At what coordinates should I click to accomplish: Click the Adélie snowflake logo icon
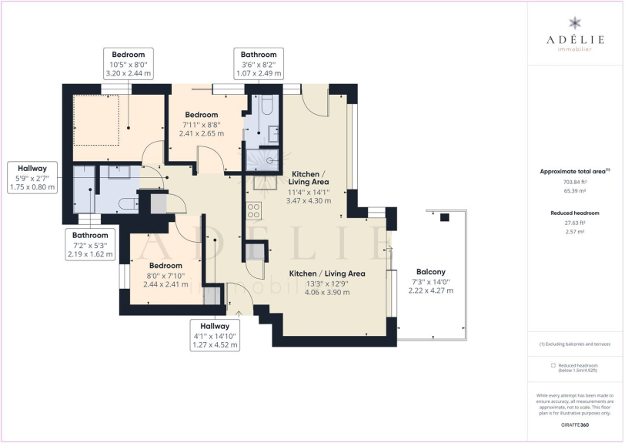575,23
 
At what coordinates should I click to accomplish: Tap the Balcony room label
430,272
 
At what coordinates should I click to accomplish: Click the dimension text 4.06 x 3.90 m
327,292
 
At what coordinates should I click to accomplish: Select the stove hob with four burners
254,211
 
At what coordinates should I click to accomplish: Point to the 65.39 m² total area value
574,191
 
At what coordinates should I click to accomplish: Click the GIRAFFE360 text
574,425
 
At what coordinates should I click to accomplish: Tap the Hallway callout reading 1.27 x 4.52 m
215,335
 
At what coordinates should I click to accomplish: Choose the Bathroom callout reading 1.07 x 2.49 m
259,64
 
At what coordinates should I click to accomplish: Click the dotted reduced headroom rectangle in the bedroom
96,119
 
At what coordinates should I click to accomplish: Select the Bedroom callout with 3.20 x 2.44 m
129,64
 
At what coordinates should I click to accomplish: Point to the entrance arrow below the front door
239,313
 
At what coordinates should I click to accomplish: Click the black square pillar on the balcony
444,217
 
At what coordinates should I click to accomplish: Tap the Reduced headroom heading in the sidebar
575,213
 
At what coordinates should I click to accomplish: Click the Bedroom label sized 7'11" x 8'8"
202,115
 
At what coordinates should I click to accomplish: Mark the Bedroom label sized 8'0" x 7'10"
165,266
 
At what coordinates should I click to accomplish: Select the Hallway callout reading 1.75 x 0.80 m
32,178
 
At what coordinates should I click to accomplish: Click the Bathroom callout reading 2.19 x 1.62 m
90,245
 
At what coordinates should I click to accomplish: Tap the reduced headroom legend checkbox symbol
553,365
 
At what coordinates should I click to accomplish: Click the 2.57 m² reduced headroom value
574,231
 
